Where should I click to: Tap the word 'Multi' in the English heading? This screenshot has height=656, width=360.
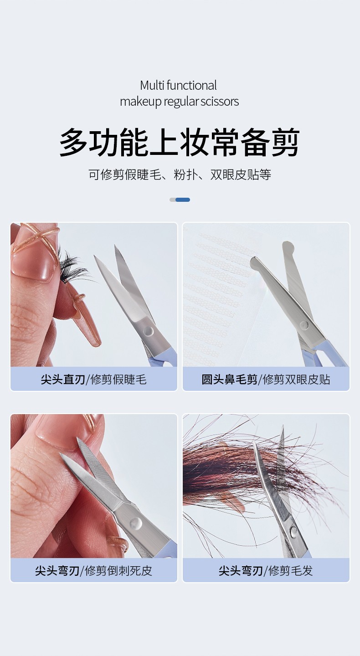click(x=152, y=86)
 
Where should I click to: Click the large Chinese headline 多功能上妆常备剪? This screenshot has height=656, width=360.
click(x=179, y=142)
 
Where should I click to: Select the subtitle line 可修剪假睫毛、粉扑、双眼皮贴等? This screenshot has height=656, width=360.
click(x=180, y=174)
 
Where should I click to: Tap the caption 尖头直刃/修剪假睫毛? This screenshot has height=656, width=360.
click(x=94, y=379)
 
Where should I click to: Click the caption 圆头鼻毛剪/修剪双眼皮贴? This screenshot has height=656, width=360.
click(x=266, y=379)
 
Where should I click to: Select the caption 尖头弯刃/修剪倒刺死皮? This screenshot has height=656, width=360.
click(x=94, y=570)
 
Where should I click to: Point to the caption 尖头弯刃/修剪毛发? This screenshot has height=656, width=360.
click(x=266, y=570)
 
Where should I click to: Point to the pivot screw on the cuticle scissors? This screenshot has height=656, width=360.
click(x=136, y=523)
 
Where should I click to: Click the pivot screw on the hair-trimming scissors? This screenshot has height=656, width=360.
click(x=293, y=531)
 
